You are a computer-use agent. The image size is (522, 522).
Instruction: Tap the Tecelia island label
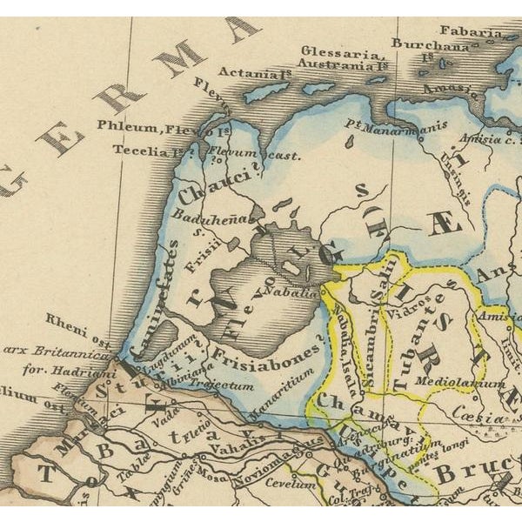[147, 150]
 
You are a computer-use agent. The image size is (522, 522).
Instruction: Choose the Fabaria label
[471, 31]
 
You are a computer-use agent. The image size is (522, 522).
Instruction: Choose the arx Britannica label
[56, 351]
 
